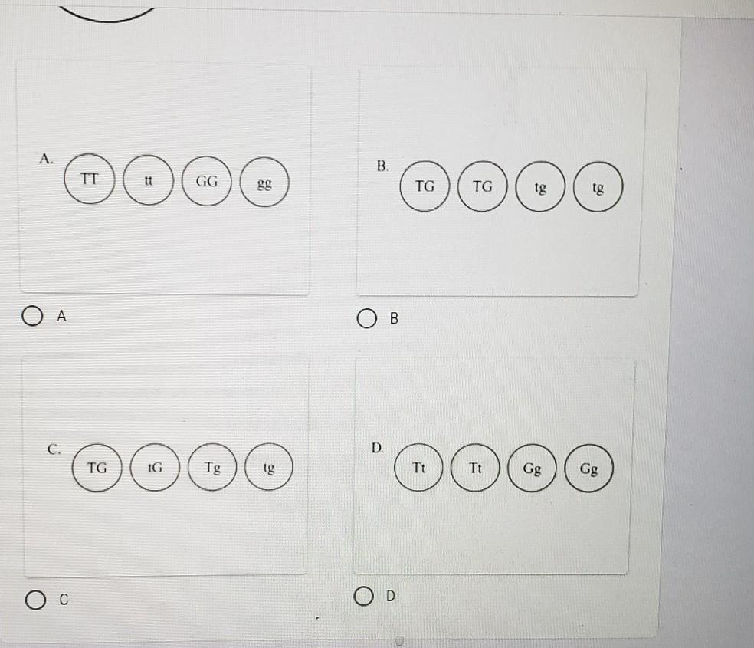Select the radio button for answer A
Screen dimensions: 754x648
[x=32, y=316]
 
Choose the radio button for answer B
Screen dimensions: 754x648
[x=367, y=318]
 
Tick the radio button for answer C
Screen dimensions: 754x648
[x=35, y=600]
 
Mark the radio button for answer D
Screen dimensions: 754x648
[x=364, y=596]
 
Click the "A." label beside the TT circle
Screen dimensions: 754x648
[x=46, y=159]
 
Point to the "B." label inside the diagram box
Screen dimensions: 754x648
[x=383, y=166]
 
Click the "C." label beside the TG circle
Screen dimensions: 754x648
[x=54, y=449]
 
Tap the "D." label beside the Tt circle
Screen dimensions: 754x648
[x=378, y=449]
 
